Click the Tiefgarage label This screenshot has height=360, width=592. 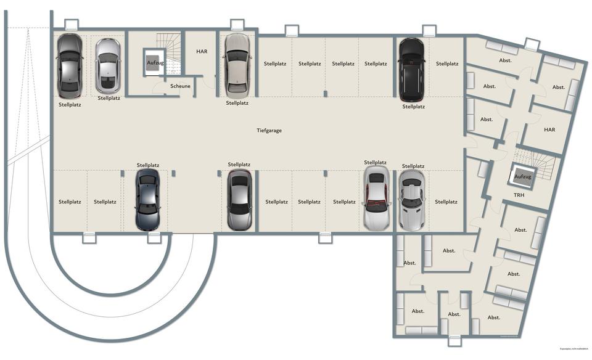pos(269,130)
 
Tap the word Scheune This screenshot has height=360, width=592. pos(180,86)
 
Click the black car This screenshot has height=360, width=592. pos(411,69)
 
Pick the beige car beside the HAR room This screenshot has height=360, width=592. pos(237,64)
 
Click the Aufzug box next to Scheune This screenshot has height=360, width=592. pos(155,62)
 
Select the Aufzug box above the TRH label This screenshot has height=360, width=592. pos(522,177)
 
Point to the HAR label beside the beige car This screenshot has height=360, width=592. pos(202,52)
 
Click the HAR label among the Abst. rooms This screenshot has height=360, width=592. pos(549,130)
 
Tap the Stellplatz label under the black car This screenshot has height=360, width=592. pos(413,107)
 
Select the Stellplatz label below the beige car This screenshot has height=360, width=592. pos(237,103)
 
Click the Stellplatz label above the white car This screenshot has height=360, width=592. pos(376,162)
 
